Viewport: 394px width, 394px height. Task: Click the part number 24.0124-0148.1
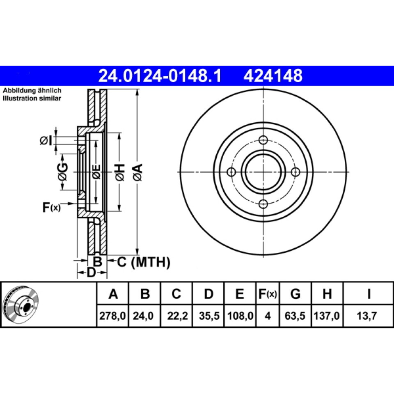point(160,76)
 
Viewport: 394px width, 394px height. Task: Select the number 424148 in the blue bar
point(273,76)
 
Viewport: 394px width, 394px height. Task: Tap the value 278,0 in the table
point(112,316)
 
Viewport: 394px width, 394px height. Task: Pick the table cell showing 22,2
point(177,316)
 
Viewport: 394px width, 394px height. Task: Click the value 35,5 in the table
point(209,316)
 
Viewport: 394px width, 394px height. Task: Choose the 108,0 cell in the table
point(240,316)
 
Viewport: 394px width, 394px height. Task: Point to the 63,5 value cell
point(295,316)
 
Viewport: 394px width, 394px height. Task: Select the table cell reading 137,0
point(327,316)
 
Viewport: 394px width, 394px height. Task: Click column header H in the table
point(327,293)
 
